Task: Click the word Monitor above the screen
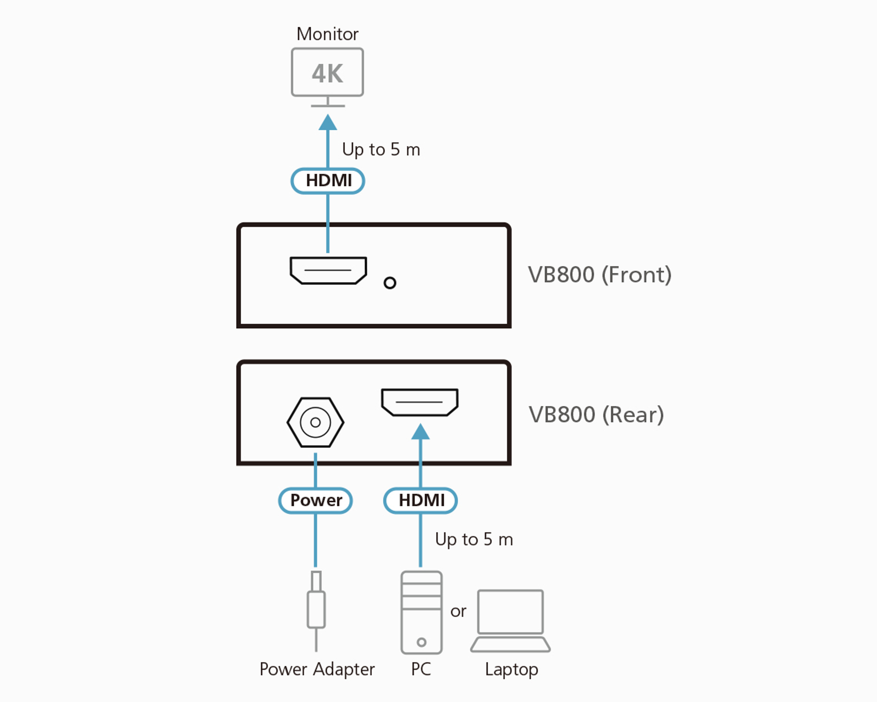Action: pos(328,34)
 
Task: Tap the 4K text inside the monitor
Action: pos(328,74)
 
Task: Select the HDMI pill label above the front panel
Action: pos(328,181)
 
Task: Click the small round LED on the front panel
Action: pos(390,283)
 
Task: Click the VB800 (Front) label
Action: pos(600,275)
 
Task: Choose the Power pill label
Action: pos(316,500)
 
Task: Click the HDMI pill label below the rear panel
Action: pos(421,500)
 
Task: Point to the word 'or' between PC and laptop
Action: pos(458,611)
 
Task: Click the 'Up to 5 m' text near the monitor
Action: pos(381,150)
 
